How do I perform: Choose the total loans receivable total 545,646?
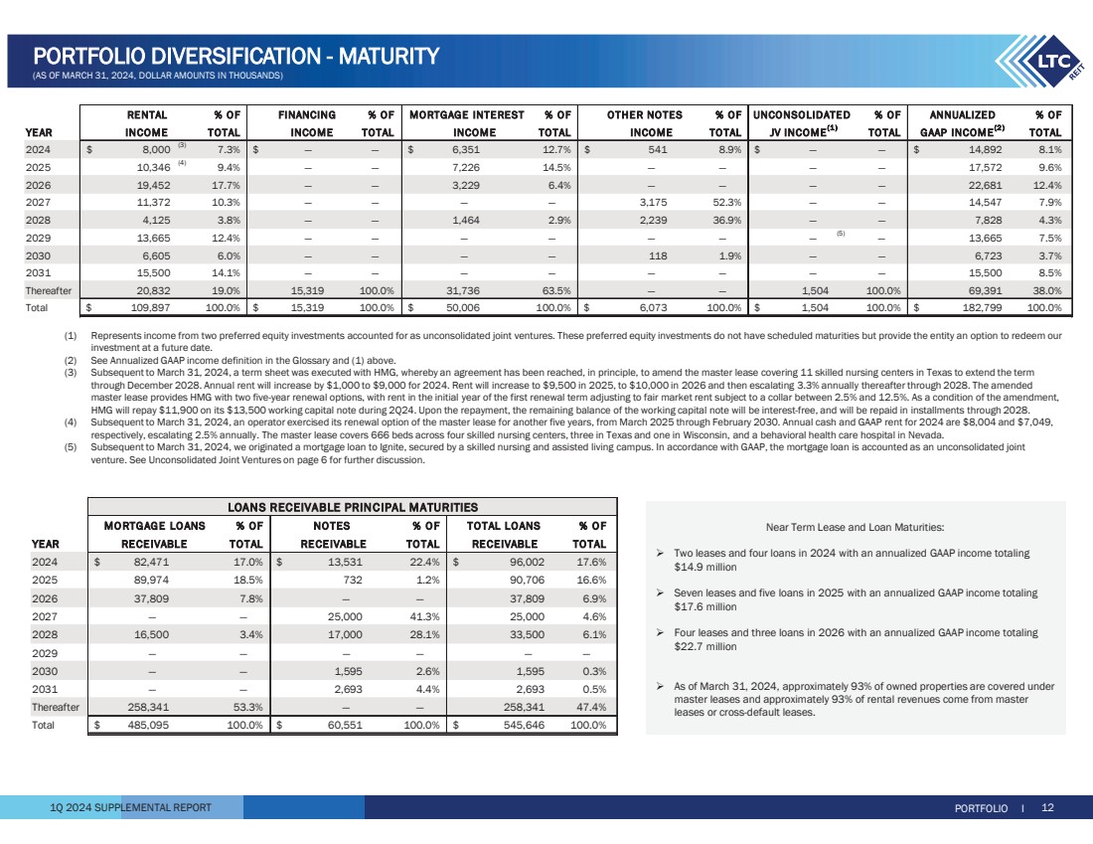click(517, 725)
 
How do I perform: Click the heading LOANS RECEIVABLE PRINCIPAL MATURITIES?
click(354, 507)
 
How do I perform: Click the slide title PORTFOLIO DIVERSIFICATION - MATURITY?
click(235, 56)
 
